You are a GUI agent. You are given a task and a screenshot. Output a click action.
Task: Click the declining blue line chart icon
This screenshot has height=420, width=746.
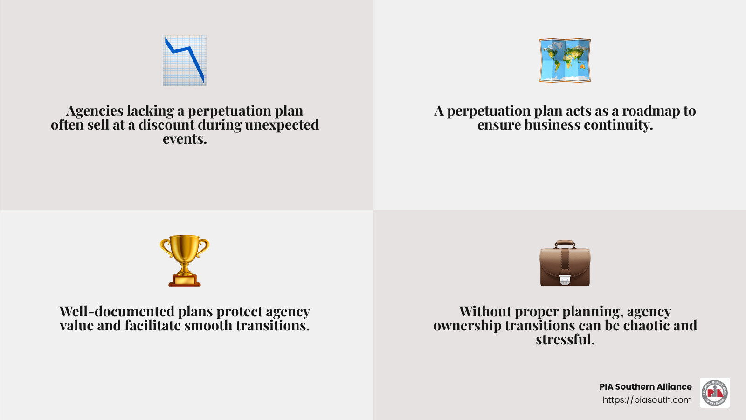[185, 60]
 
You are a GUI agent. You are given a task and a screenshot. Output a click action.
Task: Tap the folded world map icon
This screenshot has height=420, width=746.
[565, 61]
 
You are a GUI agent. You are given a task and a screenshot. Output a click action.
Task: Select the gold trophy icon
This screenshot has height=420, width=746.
[185, 260]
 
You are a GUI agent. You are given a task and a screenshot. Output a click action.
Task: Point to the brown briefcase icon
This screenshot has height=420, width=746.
[565, 264]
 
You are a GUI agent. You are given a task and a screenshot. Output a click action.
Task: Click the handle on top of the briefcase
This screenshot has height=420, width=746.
[565, 244]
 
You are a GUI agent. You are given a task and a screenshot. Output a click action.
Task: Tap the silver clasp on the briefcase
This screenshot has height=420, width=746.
[565, 279]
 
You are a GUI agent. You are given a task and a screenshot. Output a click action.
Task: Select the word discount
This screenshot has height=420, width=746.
[166, 125]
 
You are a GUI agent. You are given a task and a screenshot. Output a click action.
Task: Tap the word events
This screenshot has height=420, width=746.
[185, 139]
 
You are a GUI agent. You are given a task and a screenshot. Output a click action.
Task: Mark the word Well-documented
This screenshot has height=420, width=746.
[117, 312]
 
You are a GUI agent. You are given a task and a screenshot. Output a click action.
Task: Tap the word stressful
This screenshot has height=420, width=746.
[565, 340]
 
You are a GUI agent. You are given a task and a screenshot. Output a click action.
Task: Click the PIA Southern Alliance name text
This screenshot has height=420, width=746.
[645, 387]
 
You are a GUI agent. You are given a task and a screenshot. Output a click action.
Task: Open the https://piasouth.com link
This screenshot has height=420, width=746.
[647, 400]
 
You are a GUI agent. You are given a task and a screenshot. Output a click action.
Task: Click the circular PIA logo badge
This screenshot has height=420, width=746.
[715, 393]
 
